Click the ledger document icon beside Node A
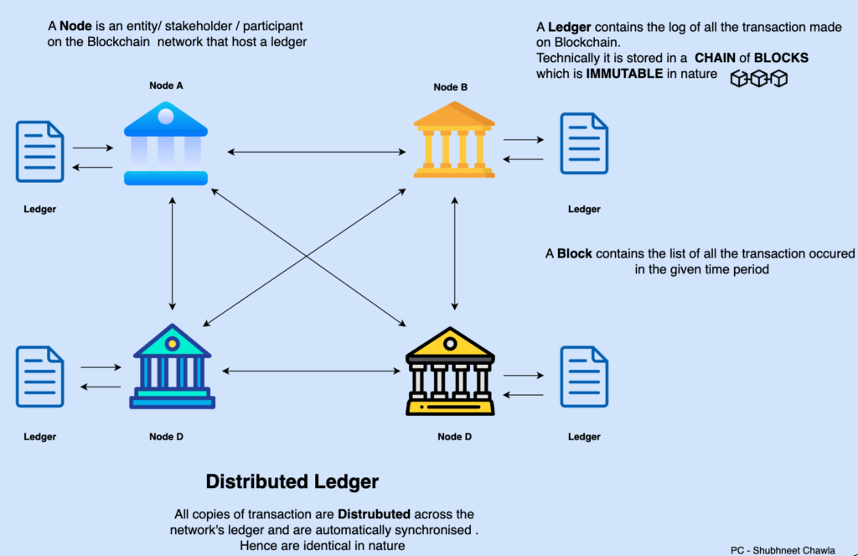39,152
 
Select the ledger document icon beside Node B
584,143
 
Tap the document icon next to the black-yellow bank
584,377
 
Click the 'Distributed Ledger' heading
292,482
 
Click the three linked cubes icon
759,79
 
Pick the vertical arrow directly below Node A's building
172,253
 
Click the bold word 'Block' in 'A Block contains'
574,253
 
